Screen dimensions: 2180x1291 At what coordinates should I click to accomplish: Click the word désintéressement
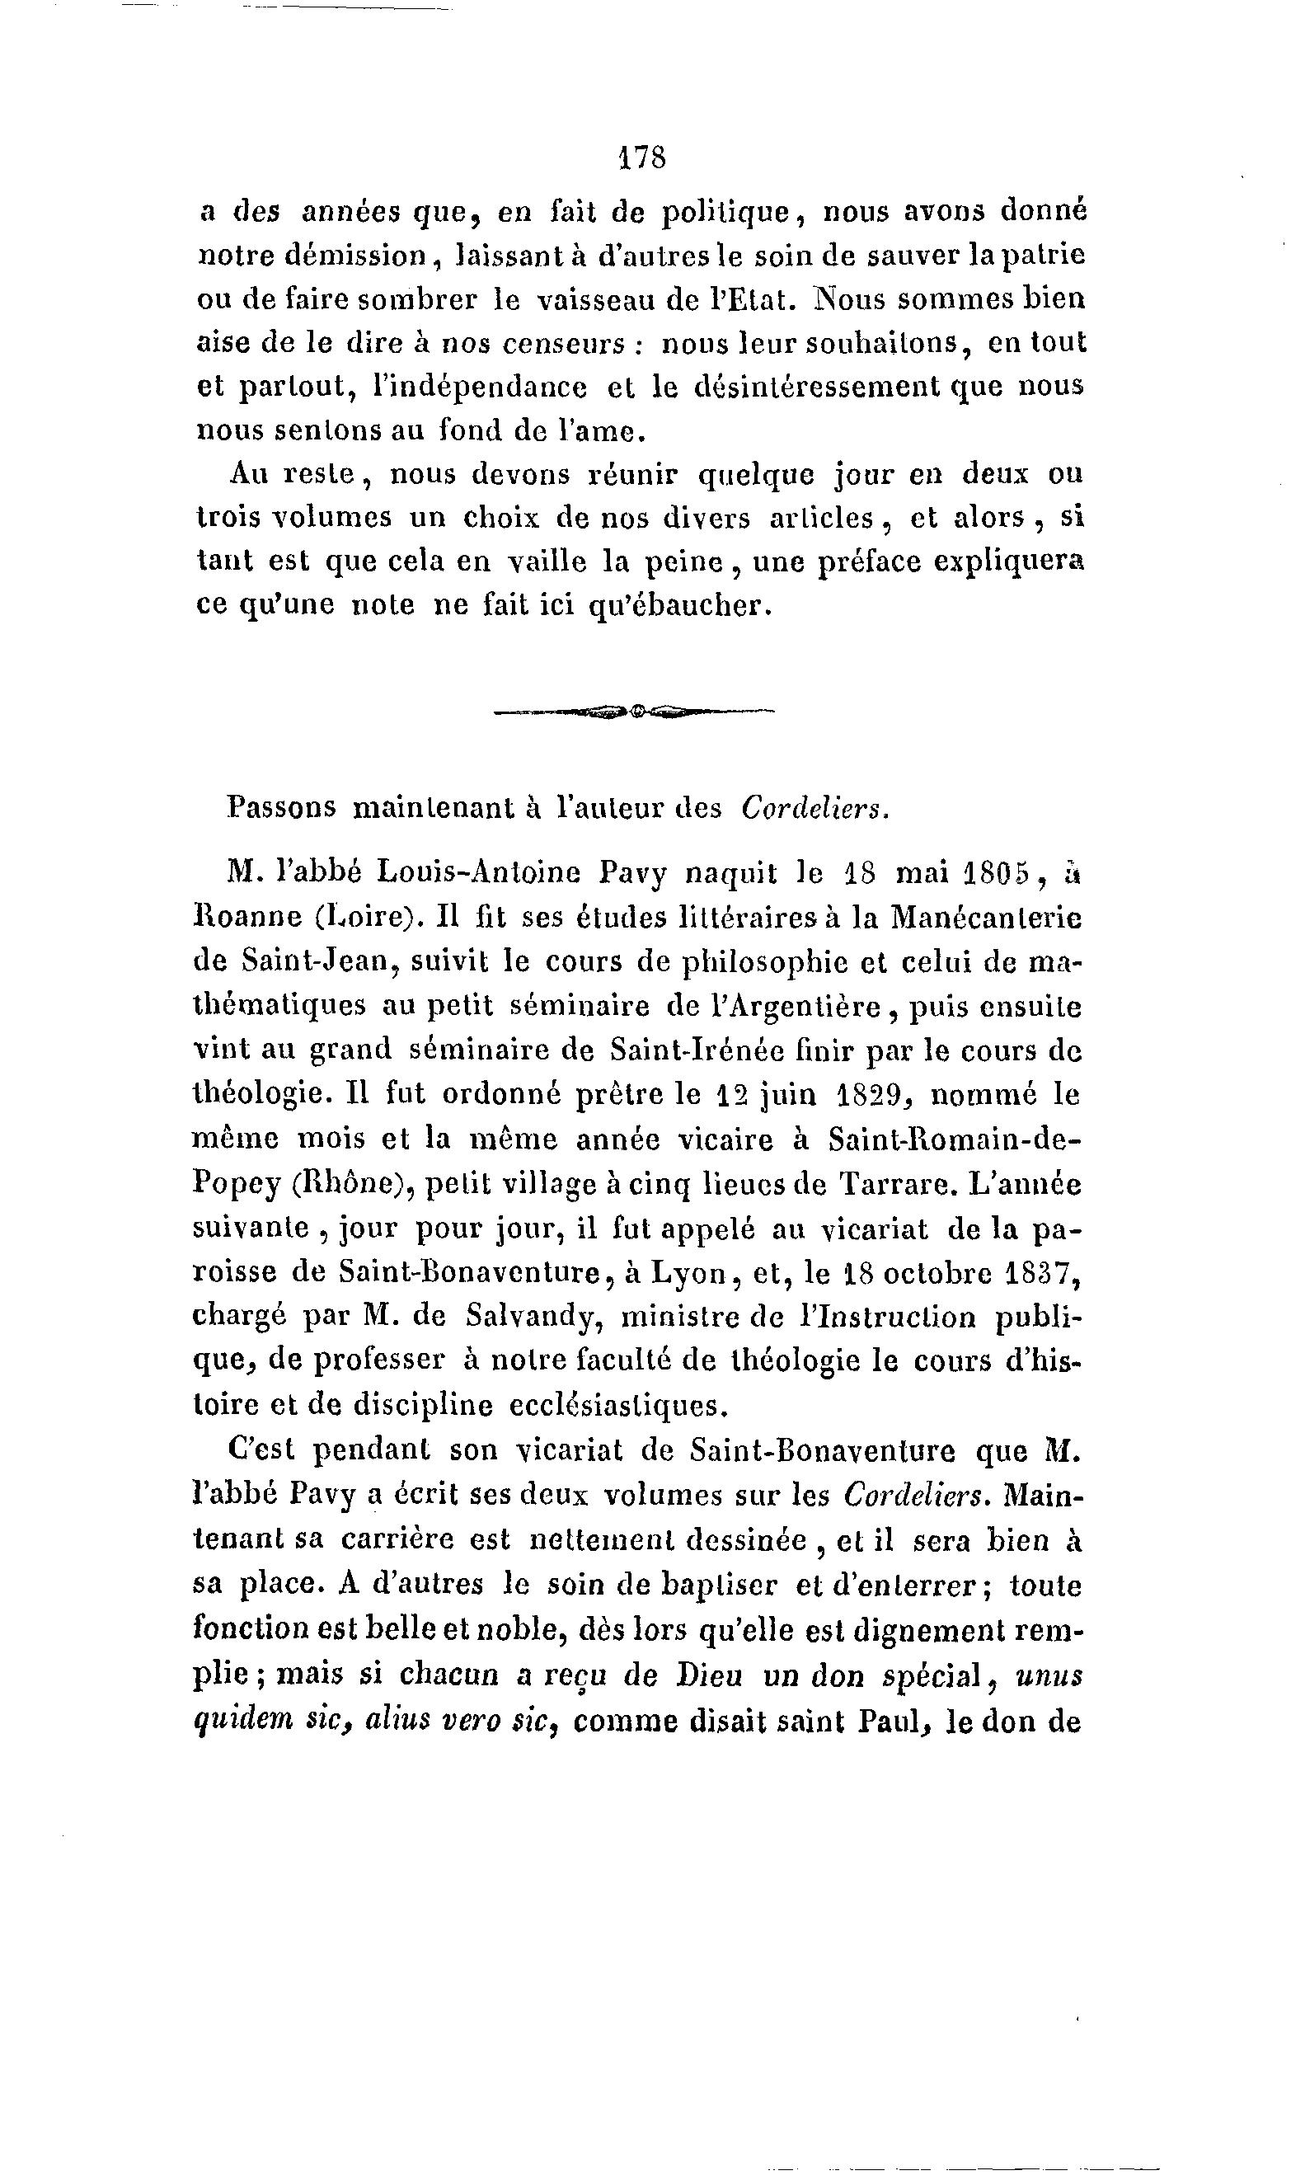(x=818, y=386)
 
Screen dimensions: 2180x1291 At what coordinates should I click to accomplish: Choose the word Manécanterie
(x=985, y=916)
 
